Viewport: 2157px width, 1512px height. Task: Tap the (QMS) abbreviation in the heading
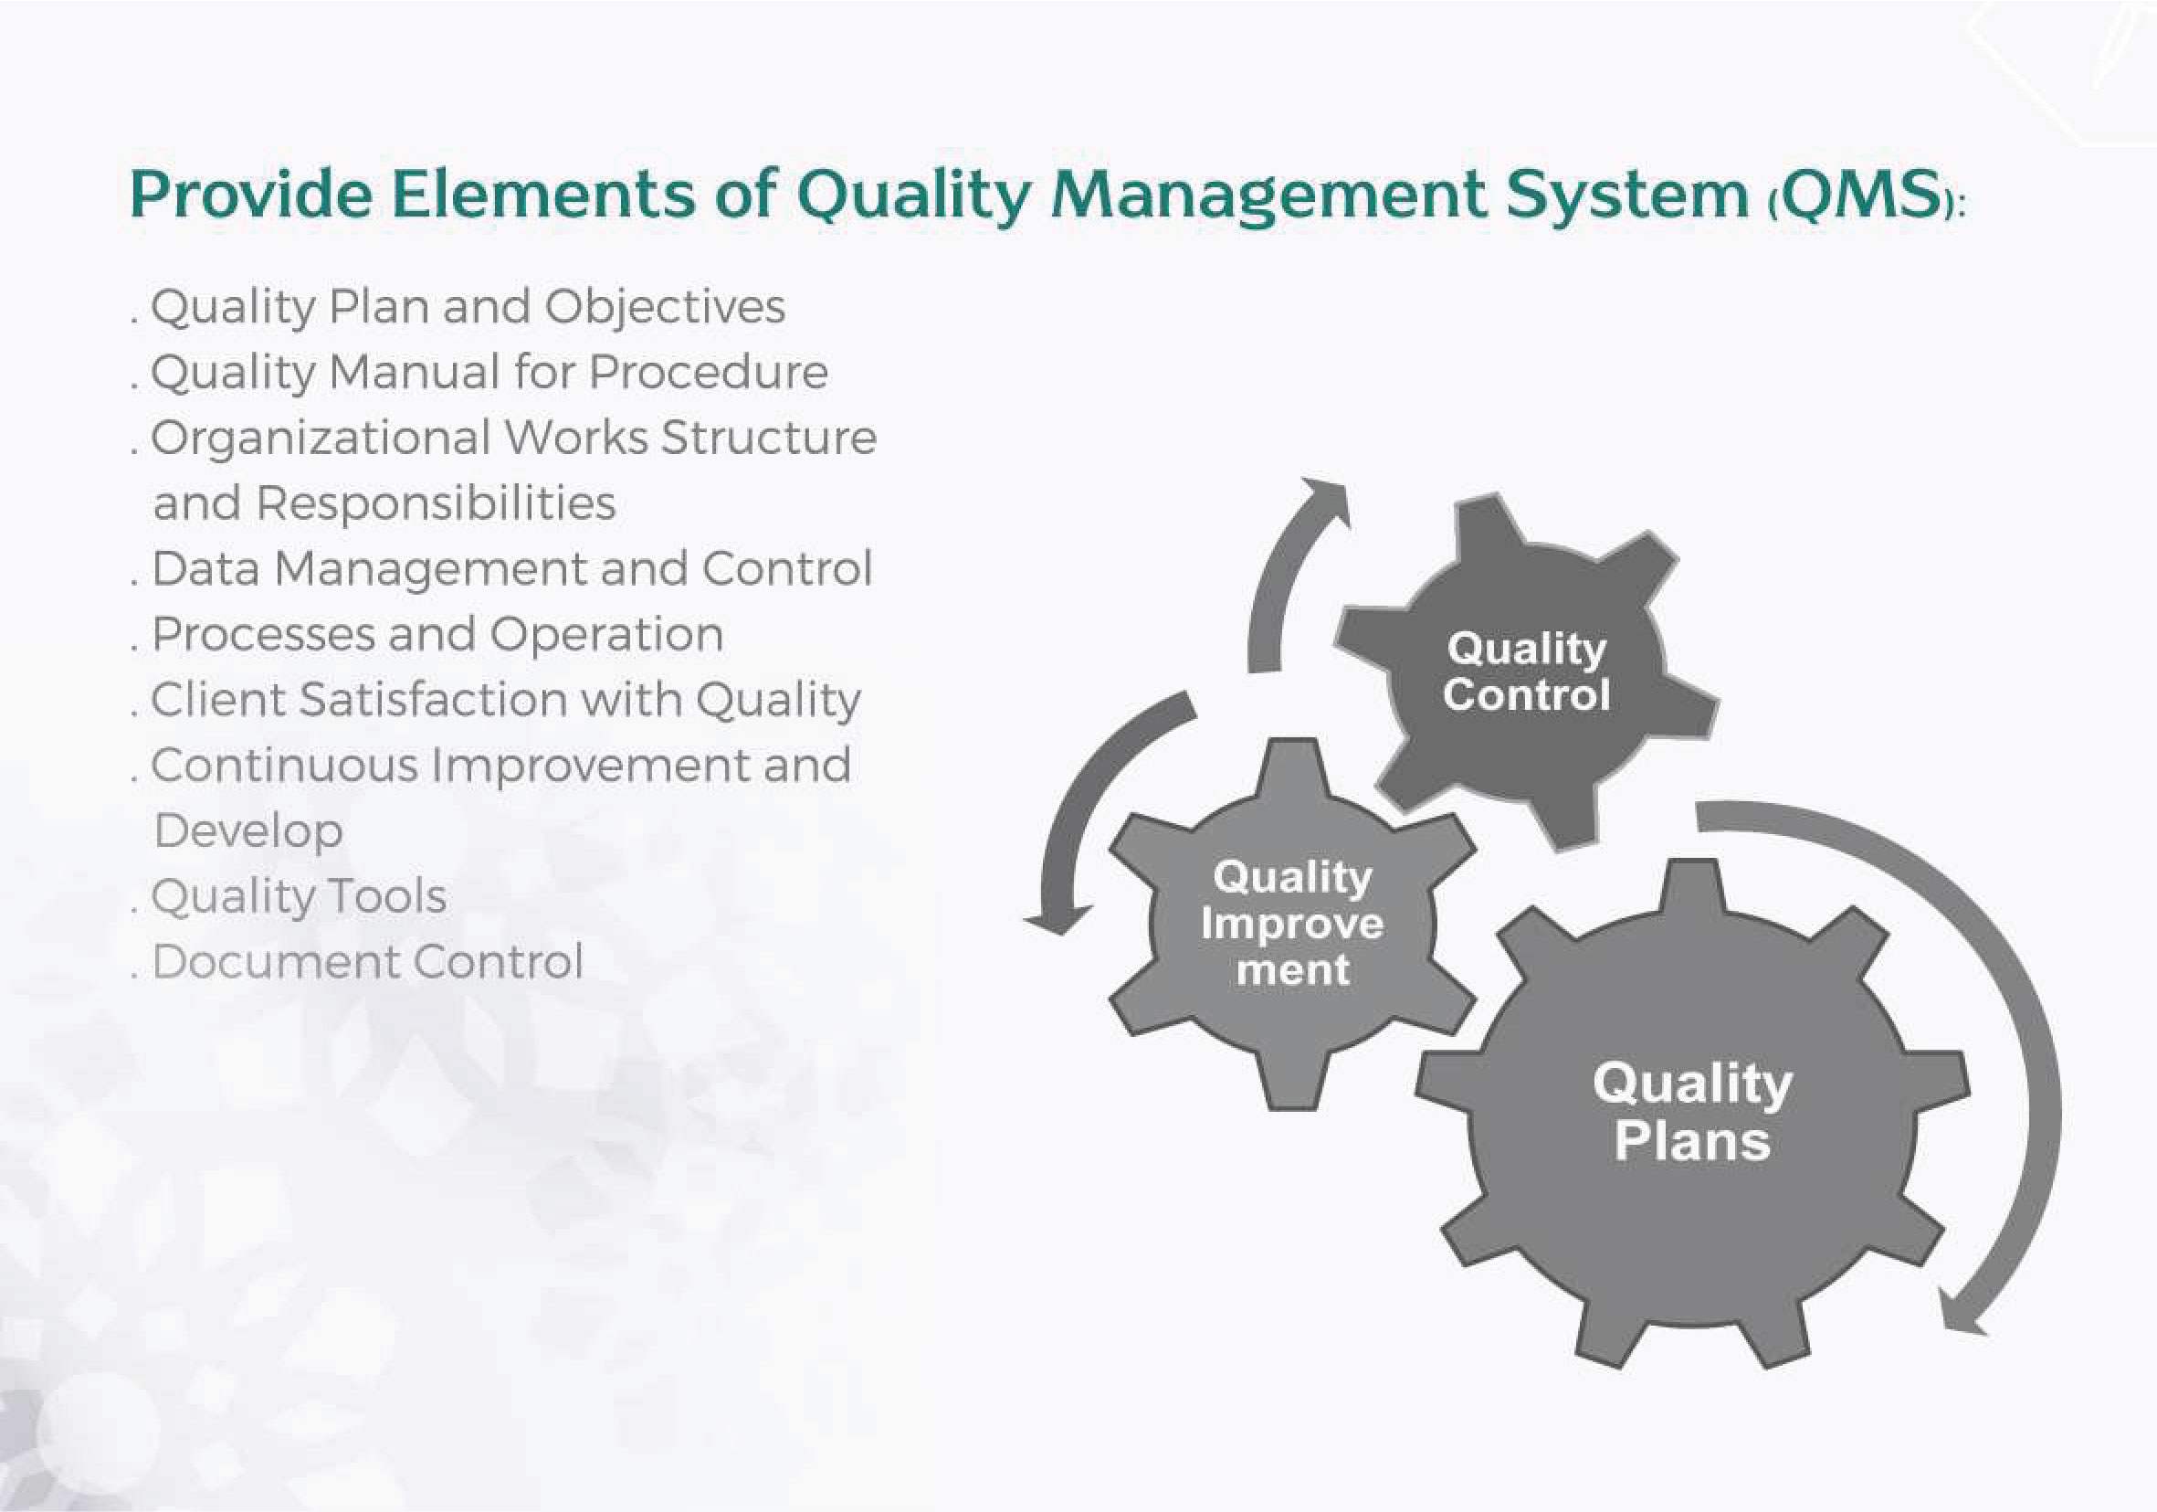[1865, 195]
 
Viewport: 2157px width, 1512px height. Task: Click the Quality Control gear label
[1527, 671]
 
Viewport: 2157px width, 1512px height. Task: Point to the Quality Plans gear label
[1692, 1112]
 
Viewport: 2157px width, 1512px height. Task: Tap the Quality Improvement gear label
[1293, 923]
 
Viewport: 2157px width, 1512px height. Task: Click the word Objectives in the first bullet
[665, 307]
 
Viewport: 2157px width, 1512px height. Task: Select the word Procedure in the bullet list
[709, 372]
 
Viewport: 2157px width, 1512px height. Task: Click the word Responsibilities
[436, 503]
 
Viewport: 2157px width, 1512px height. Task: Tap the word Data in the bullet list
[205, 568]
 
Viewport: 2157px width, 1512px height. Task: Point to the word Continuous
[284, 765]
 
